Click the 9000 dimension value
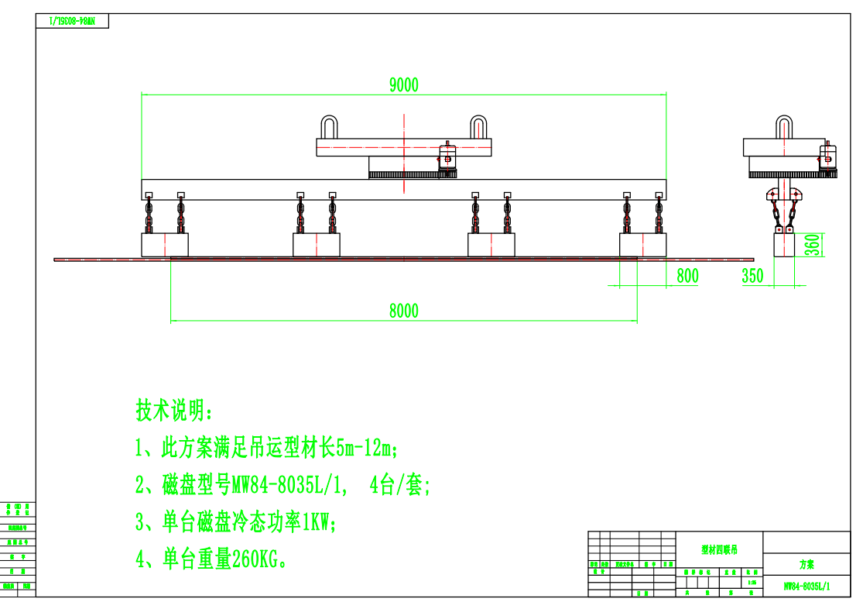tap(403, 84)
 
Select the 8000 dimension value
tap(403, 311)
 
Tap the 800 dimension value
tap(687, 276)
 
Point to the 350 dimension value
tap(752, 276)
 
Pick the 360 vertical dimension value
tap(812, 245)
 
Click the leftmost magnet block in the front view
tap(165, 245)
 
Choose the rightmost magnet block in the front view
tap(643, 245)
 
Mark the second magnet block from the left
tap(317, 245)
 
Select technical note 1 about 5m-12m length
tap(267, 448)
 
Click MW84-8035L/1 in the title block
tap(806, 587)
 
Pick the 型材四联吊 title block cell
tap(720, 550)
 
